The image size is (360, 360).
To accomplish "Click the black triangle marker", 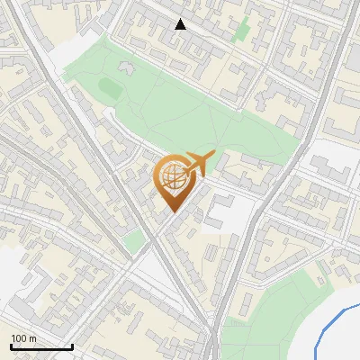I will [x=181, y=24].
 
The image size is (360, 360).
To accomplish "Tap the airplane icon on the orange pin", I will [x=196, y=164].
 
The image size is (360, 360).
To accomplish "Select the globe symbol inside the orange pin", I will [x=171, y=177].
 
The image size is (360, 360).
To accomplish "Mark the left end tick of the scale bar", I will [x=11, y=346].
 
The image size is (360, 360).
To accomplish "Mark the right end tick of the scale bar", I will [x=72, y=346].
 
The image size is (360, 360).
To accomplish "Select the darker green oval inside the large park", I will [x=109, y=88].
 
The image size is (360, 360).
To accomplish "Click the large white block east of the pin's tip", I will [x=220, y=211].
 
